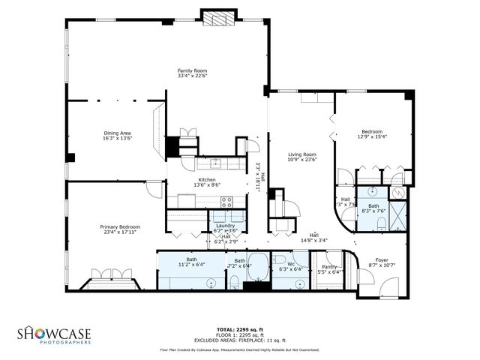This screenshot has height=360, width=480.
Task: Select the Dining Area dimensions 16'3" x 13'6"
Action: point(117,139)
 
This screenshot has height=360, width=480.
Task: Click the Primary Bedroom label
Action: point(120,226)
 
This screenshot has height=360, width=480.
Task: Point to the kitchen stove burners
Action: point(227,200)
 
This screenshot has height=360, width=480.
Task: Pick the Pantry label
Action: point(328,266)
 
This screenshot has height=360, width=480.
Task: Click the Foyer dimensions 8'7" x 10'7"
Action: point(382,265)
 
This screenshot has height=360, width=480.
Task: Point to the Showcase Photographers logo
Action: point(55,334)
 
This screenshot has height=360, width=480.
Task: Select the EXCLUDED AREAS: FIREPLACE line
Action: point(239,340)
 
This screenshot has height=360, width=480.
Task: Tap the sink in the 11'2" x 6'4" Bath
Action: point(212,283)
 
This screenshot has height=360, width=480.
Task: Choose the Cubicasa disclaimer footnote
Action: point(239,349)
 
